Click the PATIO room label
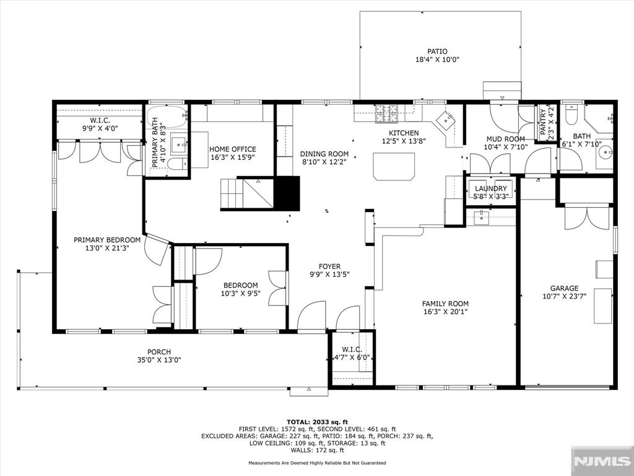coord(437,51)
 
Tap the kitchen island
coord(394,166)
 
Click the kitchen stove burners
coord(388,113)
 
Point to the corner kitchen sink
coord(445,120)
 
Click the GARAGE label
coord(564,288)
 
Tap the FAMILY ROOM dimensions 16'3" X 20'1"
coord(445,312)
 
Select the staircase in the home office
coord(246,193)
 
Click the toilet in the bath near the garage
coord(571,115)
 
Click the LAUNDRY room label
coord(490,188)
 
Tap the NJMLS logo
coord(602,461)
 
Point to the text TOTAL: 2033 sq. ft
coord(317,421)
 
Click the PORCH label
coord(159,352)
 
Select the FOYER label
coord(329,267)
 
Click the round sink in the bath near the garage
coord(606,152)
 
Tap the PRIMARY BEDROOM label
coord(107,240)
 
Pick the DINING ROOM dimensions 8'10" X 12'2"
coord(324,162)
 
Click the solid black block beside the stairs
coord(287,193)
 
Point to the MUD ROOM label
coord(505,139)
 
